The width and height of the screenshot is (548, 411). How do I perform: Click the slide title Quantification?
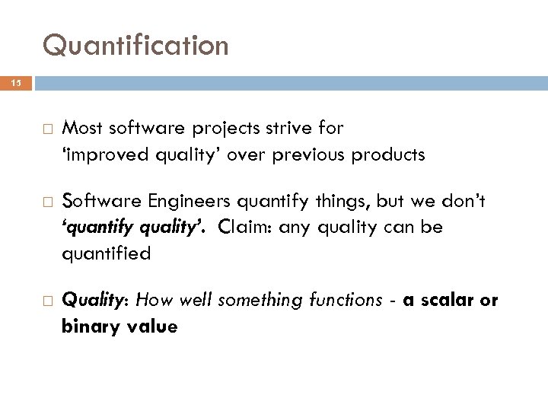pyautogui.click(x=135, y=46)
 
